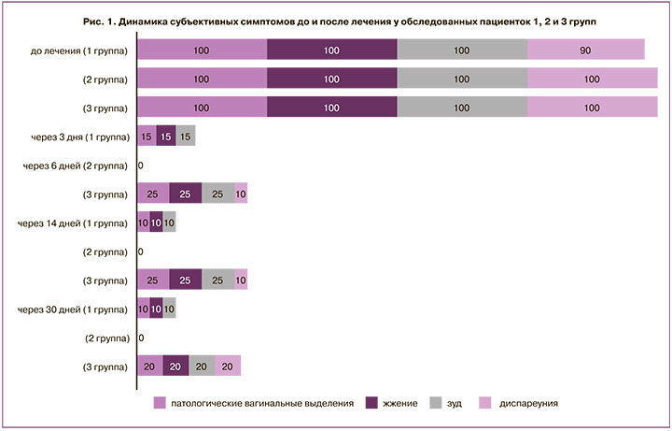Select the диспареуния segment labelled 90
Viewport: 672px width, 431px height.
tap(585, 50)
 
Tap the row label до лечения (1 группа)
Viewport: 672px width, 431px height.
tap(79, 50)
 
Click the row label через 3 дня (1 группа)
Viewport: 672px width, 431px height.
tap(73, 136)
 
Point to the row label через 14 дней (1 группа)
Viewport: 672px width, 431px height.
tap(73, 223)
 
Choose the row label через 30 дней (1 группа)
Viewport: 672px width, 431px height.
tap(73, 309)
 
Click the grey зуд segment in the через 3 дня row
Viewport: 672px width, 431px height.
tap(185, 136)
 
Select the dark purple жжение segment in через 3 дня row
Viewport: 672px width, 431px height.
tap(165, 136)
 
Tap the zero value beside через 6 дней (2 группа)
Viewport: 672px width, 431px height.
tap(140, 165)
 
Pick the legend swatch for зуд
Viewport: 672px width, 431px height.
tap(436, 403)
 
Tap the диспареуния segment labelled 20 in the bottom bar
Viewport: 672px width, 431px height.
tap(228, 366)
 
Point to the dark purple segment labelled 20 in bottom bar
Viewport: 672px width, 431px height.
tap(175, 366)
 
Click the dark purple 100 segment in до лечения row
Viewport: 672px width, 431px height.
tap(331, 50)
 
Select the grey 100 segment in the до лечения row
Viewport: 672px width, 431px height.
tap(462, 50)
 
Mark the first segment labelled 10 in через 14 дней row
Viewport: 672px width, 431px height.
tap(143, 223)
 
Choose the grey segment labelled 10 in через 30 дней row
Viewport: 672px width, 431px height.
tap(169, 309)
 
